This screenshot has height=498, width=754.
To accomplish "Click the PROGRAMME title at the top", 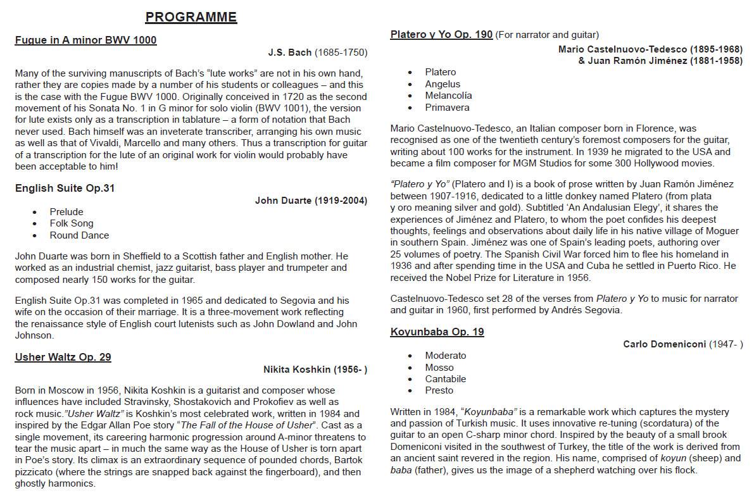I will (191, 17).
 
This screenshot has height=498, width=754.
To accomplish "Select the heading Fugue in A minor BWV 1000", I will (85, 40).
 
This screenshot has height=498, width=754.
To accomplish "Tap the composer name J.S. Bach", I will (290, 53).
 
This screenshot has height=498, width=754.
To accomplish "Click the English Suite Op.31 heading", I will (65, 188).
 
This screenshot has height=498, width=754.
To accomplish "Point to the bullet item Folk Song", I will (72, 223).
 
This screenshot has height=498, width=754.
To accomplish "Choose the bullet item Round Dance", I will (79, 235).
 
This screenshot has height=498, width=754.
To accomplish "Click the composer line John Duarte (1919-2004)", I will (311, 201).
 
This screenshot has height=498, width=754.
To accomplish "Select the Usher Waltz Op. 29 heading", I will (63, 357).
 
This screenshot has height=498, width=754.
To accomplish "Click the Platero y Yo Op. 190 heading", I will (441, 34).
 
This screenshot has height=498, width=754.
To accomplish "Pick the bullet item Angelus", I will (443, 84).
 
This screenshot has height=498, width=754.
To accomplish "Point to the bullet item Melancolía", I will (448, 96).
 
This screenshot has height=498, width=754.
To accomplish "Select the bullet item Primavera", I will (447, 108).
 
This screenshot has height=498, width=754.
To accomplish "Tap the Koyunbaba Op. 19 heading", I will (437, 332).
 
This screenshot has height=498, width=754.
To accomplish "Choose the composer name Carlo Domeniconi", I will (663, 344).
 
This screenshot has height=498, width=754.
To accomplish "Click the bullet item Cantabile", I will (445, 379).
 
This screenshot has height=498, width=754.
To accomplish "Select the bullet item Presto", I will (439, 390).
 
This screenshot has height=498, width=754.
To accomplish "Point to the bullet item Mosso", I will (439, 368).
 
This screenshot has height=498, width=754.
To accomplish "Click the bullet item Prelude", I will (66, 212).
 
